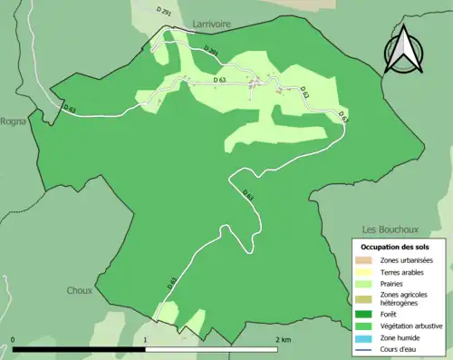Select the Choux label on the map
[80, 291]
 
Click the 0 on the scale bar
[14, 340]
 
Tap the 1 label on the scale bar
[147, 340]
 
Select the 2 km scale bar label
[282, 340]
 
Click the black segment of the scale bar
[80, 348]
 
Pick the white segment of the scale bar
[213, 348]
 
